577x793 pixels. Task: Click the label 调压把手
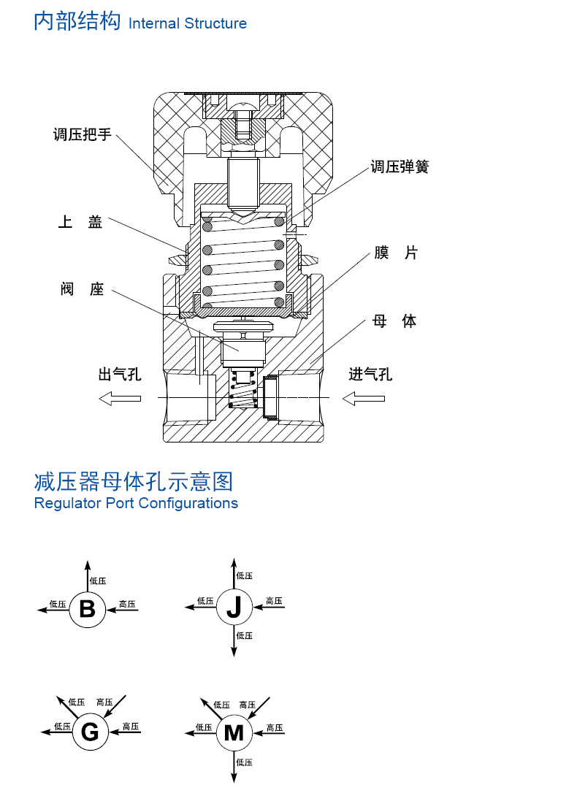[x=83, y=134]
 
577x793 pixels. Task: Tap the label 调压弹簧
[x=400, y=166]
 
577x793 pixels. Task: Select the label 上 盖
[x=80, y=221]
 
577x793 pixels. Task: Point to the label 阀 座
[x=82, y=288]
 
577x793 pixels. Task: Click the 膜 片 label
[x=396, y=253]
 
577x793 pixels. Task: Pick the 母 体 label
[x=394, y=321]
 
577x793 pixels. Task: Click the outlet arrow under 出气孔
[x=120, y=399]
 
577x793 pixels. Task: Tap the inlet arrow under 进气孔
[x=364, y=399]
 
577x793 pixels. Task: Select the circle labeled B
[x=88, y=609]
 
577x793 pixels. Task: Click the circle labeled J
[x=234, y=607]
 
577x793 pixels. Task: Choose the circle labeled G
[x=91, y=732]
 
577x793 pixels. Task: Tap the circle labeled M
[x=234, y=733]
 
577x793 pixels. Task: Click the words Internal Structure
[x=188, y=23]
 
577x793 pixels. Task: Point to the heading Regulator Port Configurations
[x=136, y=503]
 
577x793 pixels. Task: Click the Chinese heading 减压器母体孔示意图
[x=134, y=481]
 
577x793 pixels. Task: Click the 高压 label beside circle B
[x=127, y=604]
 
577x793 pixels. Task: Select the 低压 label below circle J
[x=244, y=635]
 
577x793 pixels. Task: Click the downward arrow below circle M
[x=234, y=767]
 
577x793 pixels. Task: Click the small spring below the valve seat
[x=242, y=388]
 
